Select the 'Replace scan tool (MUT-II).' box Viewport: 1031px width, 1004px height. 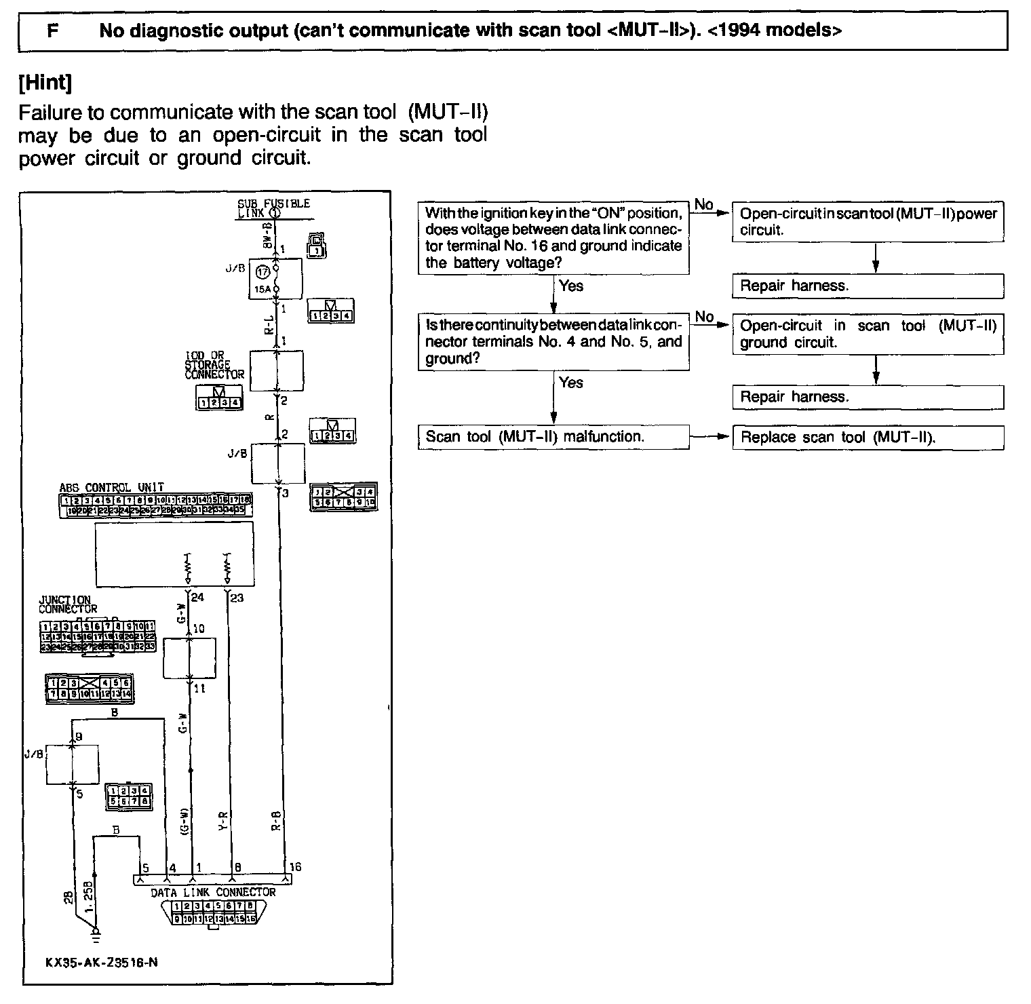[868, 437]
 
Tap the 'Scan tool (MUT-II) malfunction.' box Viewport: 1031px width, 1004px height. [553, 436]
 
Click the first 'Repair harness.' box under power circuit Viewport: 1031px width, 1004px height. [868, 286]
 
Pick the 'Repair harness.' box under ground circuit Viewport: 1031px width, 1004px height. [868, 397]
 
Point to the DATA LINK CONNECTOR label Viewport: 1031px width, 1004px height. [213, 893]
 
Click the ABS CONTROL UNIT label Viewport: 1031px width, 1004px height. [111, 488]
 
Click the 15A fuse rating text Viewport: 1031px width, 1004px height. [262, 289]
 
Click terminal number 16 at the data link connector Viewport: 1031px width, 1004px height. [294, 867]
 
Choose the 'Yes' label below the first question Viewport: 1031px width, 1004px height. [571, 286]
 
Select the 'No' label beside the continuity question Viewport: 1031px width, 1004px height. [704, 317]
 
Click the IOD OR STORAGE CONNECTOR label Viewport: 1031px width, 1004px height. [214, 365]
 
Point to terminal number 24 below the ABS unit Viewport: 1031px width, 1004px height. [197, 598]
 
